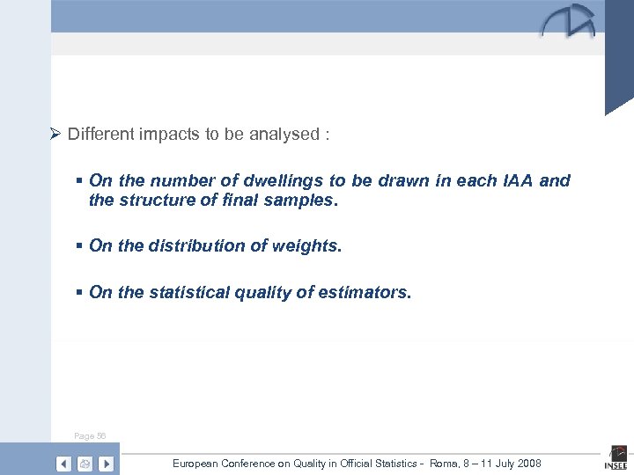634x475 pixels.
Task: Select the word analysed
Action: (x=284, y=135)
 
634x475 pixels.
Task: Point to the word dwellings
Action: (x=287, y=181)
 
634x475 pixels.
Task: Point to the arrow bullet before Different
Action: (x=55, y=135)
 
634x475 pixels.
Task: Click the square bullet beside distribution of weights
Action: (x=80, y=246)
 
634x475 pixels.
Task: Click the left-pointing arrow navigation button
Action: (x=63, y=464)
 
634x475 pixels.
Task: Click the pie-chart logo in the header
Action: (x=569, y=22)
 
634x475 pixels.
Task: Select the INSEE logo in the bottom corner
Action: (x=615, y=460)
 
